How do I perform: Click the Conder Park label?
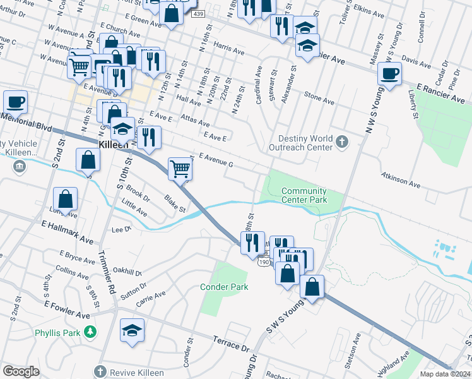point(224,287)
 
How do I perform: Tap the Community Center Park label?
point(304,195)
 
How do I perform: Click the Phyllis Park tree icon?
point(91,331)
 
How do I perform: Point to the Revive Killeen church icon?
point(100,372)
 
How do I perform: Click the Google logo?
point(21,371)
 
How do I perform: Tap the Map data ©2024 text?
point(445,374)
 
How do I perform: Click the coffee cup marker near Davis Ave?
point(389,74)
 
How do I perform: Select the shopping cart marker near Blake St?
point(180,169)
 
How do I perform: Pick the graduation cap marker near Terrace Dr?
point(133,331)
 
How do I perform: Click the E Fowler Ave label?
point(66,309)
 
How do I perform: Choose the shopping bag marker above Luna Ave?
point(65,199)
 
